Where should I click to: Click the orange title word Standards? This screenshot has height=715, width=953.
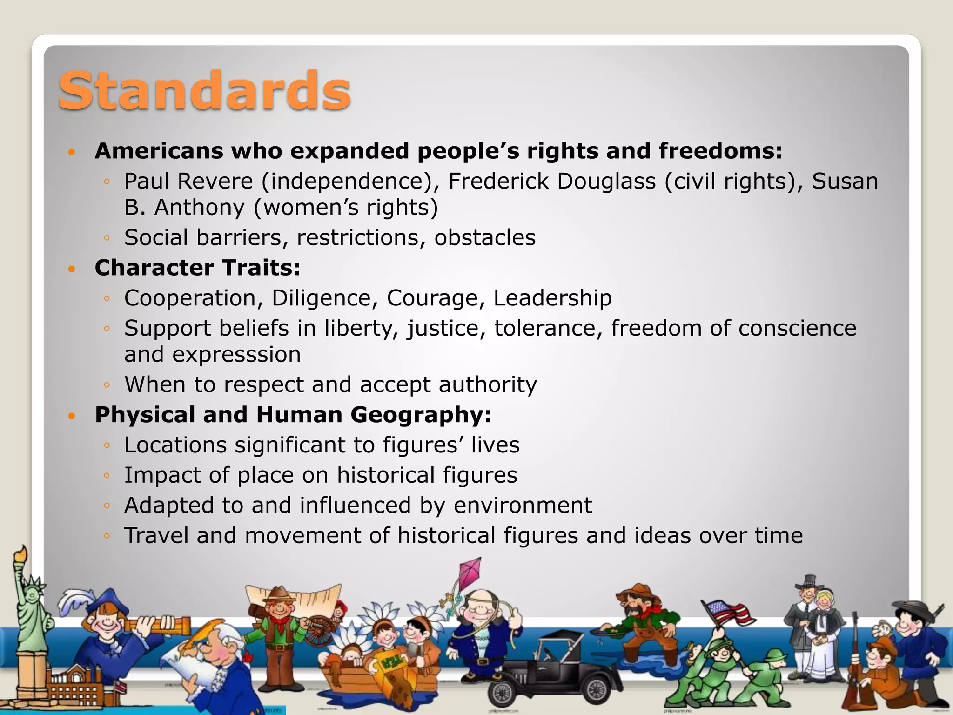204,91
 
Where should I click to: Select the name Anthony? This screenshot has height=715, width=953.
199,208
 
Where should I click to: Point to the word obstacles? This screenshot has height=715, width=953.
485,238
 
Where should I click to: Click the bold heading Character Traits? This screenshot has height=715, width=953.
197,268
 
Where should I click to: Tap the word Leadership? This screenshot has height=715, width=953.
552,298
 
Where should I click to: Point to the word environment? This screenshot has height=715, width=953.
523,506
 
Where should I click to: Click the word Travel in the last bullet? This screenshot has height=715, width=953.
156,536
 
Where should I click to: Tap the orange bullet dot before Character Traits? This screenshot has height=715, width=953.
71,269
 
